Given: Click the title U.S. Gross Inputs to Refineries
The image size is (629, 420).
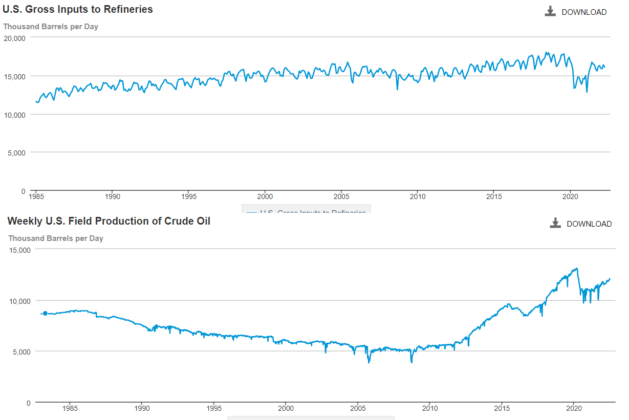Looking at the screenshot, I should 78,9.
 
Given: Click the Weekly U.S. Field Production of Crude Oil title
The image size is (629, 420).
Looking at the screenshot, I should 109,221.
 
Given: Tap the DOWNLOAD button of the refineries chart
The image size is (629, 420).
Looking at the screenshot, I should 576,12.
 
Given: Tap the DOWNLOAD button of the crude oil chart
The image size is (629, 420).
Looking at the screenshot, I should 581,224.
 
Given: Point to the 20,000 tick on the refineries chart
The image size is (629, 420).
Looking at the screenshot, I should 14,37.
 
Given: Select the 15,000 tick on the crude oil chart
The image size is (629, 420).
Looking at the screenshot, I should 19,250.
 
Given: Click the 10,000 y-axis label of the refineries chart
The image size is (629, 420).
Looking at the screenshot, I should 14,114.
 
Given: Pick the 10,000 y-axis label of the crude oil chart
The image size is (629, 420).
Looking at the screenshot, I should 19,300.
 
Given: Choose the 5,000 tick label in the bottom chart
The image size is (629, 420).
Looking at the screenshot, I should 21,351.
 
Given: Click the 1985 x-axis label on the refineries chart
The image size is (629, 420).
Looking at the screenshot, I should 36,196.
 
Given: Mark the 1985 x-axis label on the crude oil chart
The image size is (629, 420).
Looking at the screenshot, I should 70,408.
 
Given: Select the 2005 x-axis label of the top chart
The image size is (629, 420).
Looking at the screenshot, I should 341,196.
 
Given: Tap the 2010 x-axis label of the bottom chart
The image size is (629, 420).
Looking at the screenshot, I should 430,408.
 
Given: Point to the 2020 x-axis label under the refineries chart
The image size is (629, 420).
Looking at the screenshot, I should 570,196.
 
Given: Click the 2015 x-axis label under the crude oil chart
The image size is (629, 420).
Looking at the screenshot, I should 502,408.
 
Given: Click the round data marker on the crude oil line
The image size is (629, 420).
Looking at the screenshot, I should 45,313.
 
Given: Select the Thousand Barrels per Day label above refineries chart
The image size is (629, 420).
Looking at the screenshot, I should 51,27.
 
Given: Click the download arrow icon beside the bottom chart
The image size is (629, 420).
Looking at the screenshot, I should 555,223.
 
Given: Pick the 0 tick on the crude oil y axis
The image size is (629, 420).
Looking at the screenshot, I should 28,403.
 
